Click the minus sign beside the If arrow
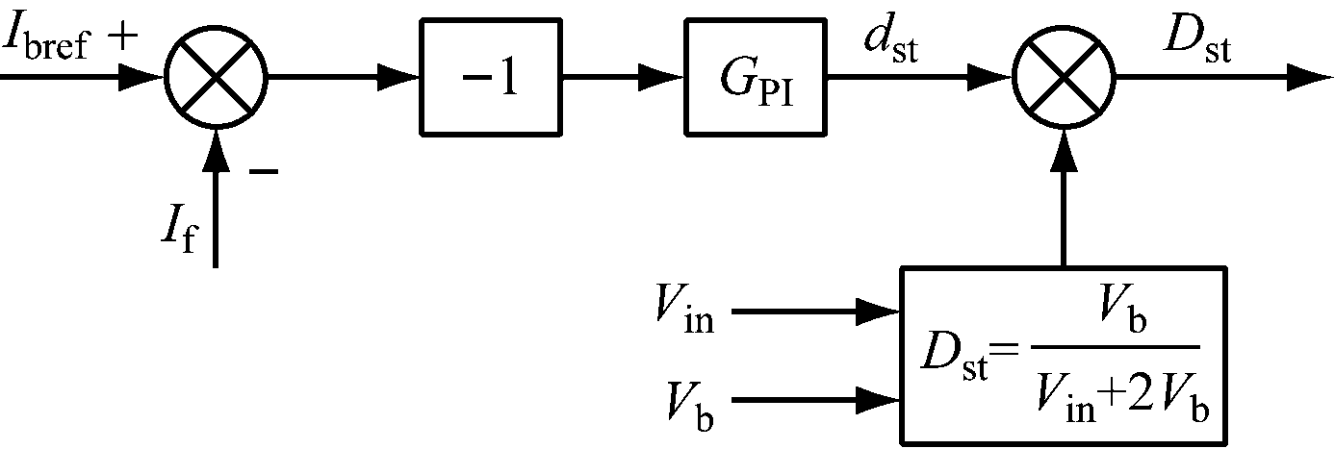[263, 171]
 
